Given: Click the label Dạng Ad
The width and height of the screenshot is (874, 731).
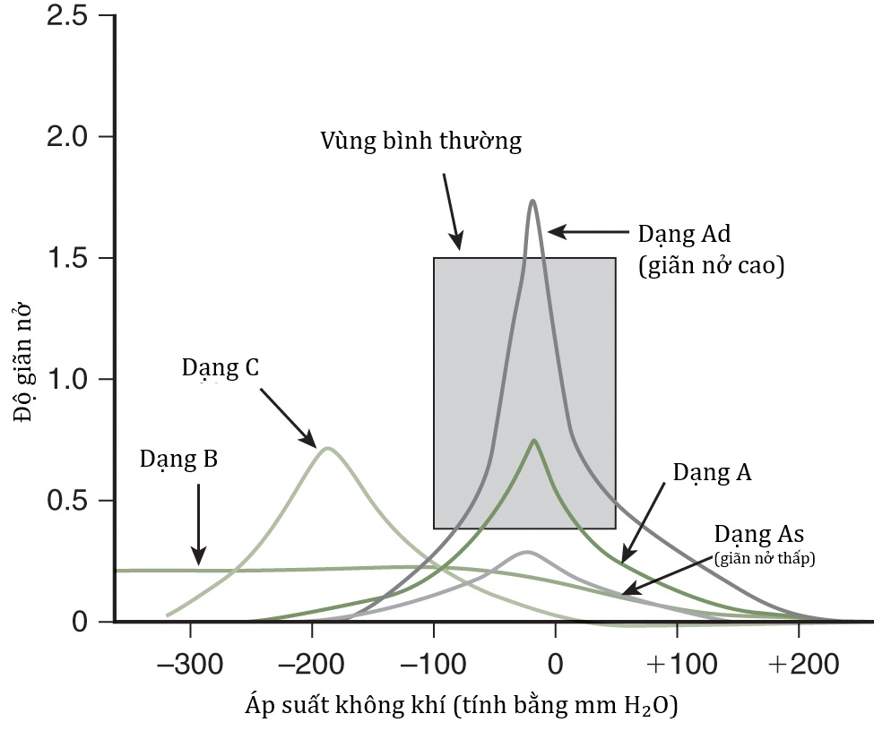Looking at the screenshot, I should point(685,235).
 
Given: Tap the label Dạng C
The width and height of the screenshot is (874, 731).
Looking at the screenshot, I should point(221,367).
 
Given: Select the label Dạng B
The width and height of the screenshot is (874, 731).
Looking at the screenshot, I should point(179,460).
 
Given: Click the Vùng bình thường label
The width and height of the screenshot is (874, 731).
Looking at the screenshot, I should point(420,142).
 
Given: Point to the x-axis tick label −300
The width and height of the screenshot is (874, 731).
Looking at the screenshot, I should point(189,666).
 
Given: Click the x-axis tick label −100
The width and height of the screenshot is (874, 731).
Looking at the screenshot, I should point(433,666).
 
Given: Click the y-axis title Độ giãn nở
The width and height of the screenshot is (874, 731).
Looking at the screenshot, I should point(22,367).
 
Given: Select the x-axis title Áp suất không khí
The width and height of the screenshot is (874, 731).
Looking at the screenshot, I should point(461,706).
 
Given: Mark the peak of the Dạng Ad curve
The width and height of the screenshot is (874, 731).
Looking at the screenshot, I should point(532,201).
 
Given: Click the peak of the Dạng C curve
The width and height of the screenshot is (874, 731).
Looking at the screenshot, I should point(327,448).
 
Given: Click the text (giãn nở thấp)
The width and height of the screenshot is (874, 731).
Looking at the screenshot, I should point(768,558).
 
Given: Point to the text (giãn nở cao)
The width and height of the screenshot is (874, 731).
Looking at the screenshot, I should point(711,266).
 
